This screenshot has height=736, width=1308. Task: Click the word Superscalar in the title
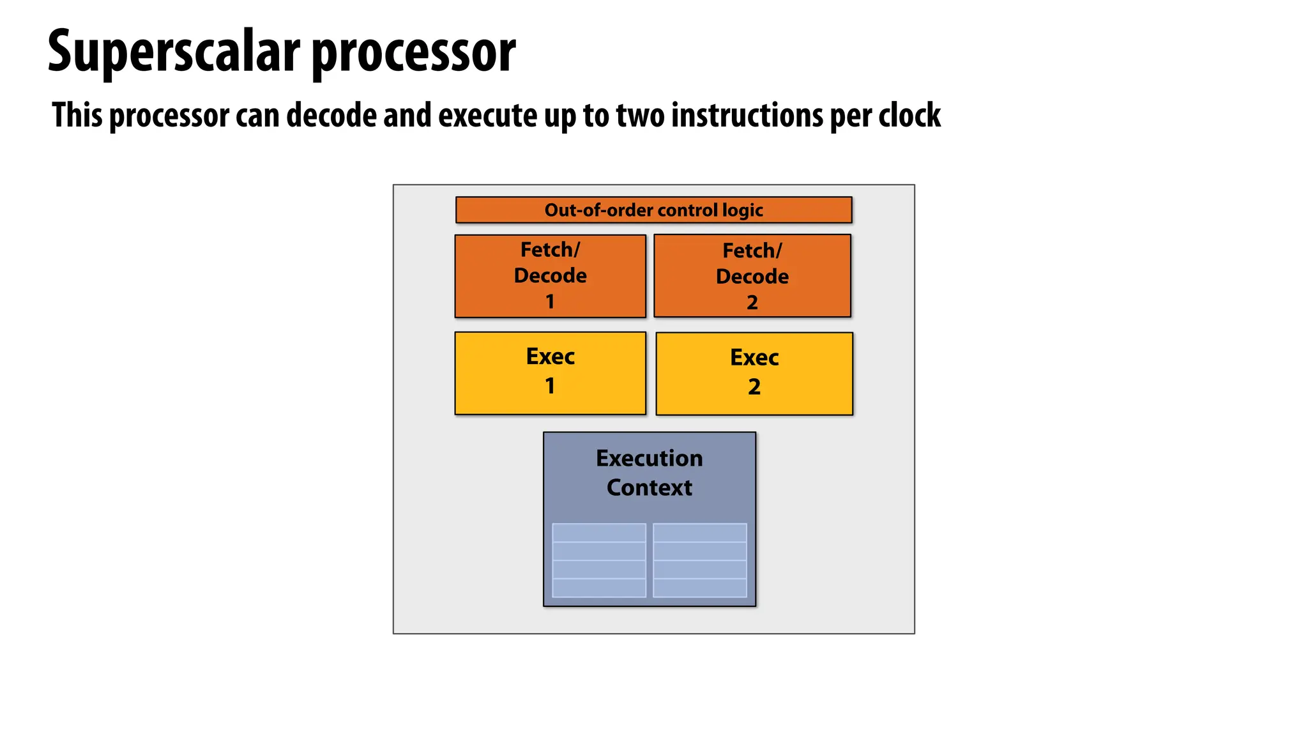click(x=174, y=52)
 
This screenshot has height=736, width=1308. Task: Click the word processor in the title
click(x=413, y=54)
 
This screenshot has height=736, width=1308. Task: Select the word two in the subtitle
click(x=640, y=116)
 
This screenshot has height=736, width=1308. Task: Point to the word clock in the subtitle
click(x=909, y=116)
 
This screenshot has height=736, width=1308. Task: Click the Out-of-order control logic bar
click(x=653, y=210)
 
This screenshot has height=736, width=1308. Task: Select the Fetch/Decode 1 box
click(x=550, y=276)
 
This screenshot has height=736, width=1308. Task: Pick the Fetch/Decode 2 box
click(x=752, y=276)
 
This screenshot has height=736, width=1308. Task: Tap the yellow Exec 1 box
click(x=550, y=373)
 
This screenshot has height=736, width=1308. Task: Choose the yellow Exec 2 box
click(x=754, y=374)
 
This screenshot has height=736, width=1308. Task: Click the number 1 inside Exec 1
click(x=550, y=386)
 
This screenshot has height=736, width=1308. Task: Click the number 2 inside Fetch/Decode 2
click(x=752, y=302)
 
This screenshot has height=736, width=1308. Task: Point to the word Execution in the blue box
click(x=649, y=458)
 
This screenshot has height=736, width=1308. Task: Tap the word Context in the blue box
click(x=649, y=487)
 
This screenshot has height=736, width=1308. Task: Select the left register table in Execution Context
click(x=598, y=560)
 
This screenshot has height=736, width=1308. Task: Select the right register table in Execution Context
click(x=699, y=560)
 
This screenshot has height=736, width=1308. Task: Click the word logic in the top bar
click(x=743, y=210)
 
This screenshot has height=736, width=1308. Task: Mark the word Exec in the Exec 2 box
click(x=754, y=358)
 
